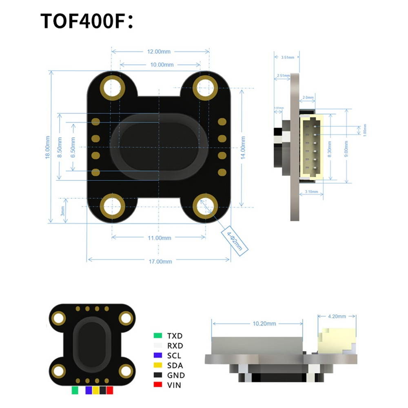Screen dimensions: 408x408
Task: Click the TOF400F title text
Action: click(87, 21)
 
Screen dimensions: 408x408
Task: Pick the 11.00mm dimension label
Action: click(159, 237)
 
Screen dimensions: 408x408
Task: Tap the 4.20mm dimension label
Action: click(337, 316)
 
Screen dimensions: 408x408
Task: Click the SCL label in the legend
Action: click(174, 356)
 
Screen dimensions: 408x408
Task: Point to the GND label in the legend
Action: click(176, 375)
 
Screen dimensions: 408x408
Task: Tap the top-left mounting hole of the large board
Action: click(112, 87)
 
